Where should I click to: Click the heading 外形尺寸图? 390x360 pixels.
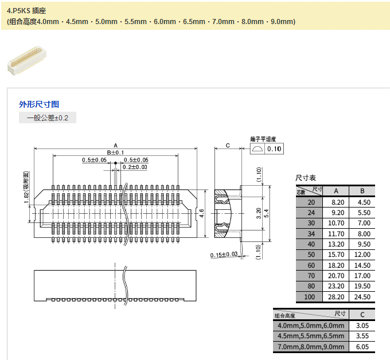tap(39, 104)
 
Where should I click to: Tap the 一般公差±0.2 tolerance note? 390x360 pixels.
tap(47, 118)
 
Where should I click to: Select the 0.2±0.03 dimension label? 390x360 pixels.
tap(135, 167)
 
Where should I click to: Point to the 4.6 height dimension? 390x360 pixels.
tap(201, 212)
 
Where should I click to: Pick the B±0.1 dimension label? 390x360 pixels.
tap(115, 152)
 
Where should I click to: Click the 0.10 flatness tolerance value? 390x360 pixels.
tap(275, 149)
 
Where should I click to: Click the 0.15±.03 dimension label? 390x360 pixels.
tap(224, 255)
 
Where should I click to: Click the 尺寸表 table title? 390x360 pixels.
tap(306, 178)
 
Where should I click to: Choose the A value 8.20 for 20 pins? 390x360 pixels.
tap(338, 202)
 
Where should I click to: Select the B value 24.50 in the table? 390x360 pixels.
tap(362, 297)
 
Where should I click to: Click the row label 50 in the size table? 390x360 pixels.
tap(311, 255)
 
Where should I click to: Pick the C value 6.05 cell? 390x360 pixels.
tap(361, 347)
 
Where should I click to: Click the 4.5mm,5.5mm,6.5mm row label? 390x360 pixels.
tap(310, 336)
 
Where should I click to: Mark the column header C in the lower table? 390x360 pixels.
tap(361, 314)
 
